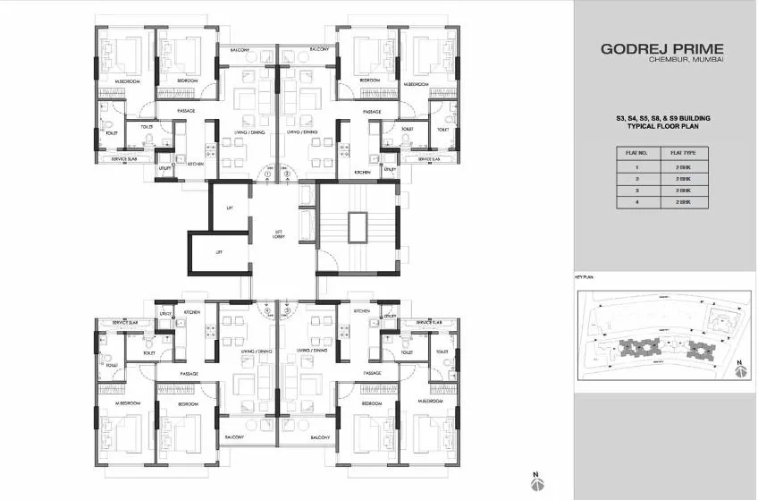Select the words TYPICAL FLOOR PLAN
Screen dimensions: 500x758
[x=662, y=128]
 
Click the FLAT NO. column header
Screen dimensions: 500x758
[x=636, y=153]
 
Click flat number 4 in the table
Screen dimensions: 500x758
[x=636, y=202]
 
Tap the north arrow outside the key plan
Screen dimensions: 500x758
[x=535, y=481]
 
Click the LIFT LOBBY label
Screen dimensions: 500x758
[x=279, y=235]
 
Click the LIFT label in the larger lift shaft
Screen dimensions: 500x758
[x=230, y=208]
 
